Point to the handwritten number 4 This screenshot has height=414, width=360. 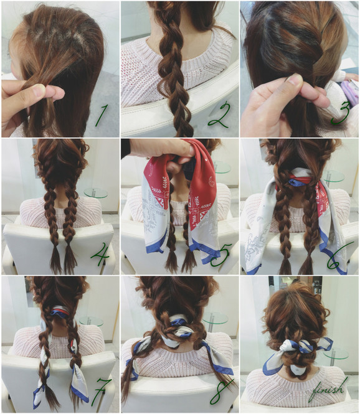pos(100,254)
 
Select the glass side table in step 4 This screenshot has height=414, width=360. pos(96,193)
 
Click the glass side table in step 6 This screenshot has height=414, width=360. pos(334,176)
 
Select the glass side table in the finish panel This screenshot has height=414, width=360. pos(336,353)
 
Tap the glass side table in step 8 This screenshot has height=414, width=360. pos(214,319)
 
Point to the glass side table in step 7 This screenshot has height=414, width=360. pos(91,321)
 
